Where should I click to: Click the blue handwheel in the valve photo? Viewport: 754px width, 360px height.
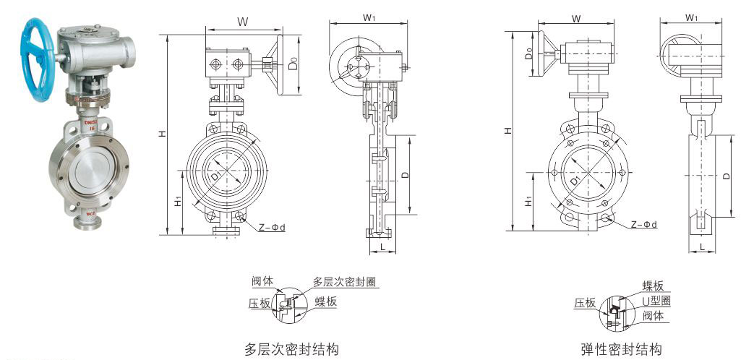coord(40,55)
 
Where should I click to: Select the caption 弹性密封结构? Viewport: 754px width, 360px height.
coord(621,350)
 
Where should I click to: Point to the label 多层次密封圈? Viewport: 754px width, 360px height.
coord(345,282)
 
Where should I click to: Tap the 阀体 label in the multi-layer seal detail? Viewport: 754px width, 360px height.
coord(262,281)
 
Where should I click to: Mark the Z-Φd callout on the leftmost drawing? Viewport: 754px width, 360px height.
coord(271,227)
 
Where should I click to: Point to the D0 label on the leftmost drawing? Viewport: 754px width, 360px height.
coord(292,64)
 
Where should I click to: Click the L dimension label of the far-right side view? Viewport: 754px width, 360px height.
coord(702,248)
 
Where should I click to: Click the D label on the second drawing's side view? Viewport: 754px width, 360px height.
coord(406,174)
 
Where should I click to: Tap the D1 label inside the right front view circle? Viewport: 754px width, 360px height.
coord(573,179)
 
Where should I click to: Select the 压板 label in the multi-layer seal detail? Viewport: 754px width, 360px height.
coord(259,304)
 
